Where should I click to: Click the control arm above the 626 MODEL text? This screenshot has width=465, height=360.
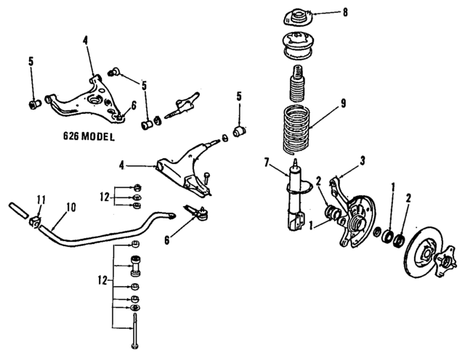(84, 98)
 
